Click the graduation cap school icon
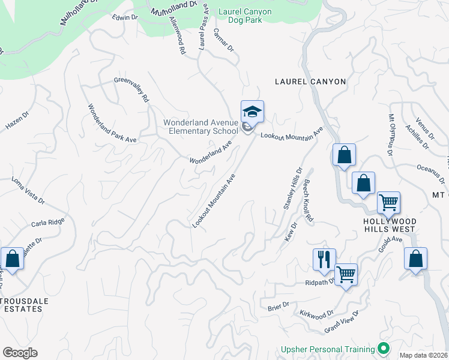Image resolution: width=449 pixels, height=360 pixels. (252, 112)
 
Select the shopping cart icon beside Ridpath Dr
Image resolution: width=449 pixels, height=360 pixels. (346, 275)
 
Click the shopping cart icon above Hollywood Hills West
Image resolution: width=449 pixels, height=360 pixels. (388, 203)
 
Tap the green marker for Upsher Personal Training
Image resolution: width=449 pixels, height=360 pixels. (382, 349)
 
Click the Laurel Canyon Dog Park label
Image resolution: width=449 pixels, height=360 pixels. (245, 16)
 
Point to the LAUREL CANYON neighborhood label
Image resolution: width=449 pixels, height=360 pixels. (310, 82)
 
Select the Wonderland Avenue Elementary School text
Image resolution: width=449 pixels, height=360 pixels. (200, 127)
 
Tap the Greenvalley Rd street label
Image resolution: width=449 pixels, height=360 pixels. (131, 89)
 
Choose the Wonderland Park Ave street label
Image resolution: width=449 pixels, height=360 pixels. (112, 124)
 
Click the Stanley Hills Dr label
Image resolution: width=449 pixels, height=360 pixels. (292, 188)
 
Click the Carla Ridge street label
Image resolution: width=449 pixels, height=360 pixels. (47, 223)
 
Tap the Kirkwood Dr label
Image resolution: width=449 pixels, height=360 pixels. (317, 314)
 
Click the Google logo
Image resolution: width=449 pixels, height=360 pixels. (20, 353)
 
